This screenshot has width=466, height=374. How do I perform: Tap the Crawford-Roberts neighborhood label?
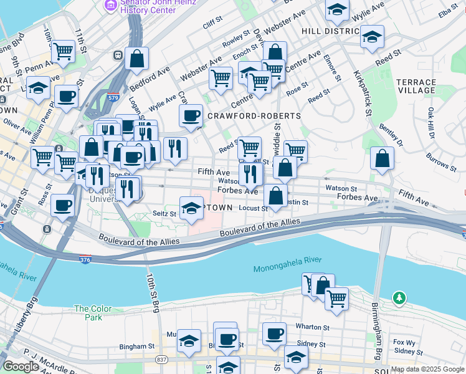pos(254,116)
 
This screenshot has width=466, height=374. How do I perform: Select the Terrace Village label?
pos(416,86)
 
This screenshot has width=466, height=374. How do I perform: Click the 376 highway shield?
pos(85,258)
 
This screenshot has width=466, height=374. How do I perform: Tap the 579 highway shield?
pos(113,97)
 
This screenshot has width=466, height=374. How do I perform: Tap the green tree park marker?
pos(399,299)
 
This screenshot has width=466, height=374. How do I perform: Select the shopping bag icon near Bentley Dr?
pos(382,159)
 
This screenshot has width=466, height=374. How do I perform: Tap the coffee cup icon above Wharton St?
pos(273,334)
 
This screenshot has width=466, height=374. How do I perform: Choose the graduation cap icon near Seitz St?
pos(191,209)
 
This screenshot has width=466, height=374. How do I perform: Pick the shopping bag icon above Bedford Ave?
pos(136,59)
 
